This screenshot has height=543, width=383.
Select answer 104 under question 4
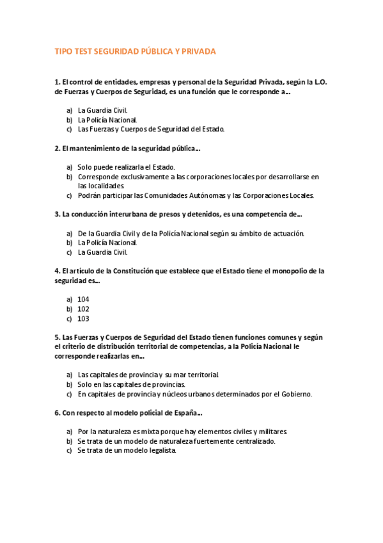(83, 299)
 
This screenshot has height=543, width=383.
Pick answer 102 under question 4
(83, 309)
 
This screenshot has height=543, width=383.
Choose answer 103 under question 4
(83, 318)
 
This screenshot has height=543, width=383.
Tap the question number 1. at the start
(58, 82)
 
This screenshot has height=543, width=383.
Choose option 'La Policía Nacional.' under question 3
(107, 243)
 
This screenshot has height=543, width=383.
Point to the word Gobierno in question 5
(294, 394)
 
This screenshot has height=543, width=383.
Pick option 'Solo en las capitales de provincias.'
(131, 384)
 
